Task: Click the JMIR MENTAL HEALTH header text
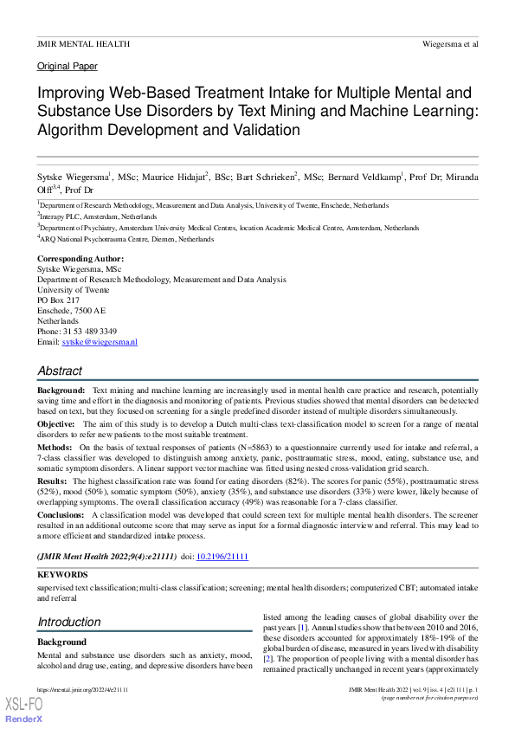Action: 83,42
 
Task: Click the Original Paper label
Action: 68,66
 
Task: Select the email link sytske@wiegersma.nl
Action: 100,343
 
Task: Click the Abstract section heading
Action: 60,371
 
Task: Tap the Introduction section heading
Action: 69,622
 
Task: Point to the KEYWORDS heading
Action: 62,574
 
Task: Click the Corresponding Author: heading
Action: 80,259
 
